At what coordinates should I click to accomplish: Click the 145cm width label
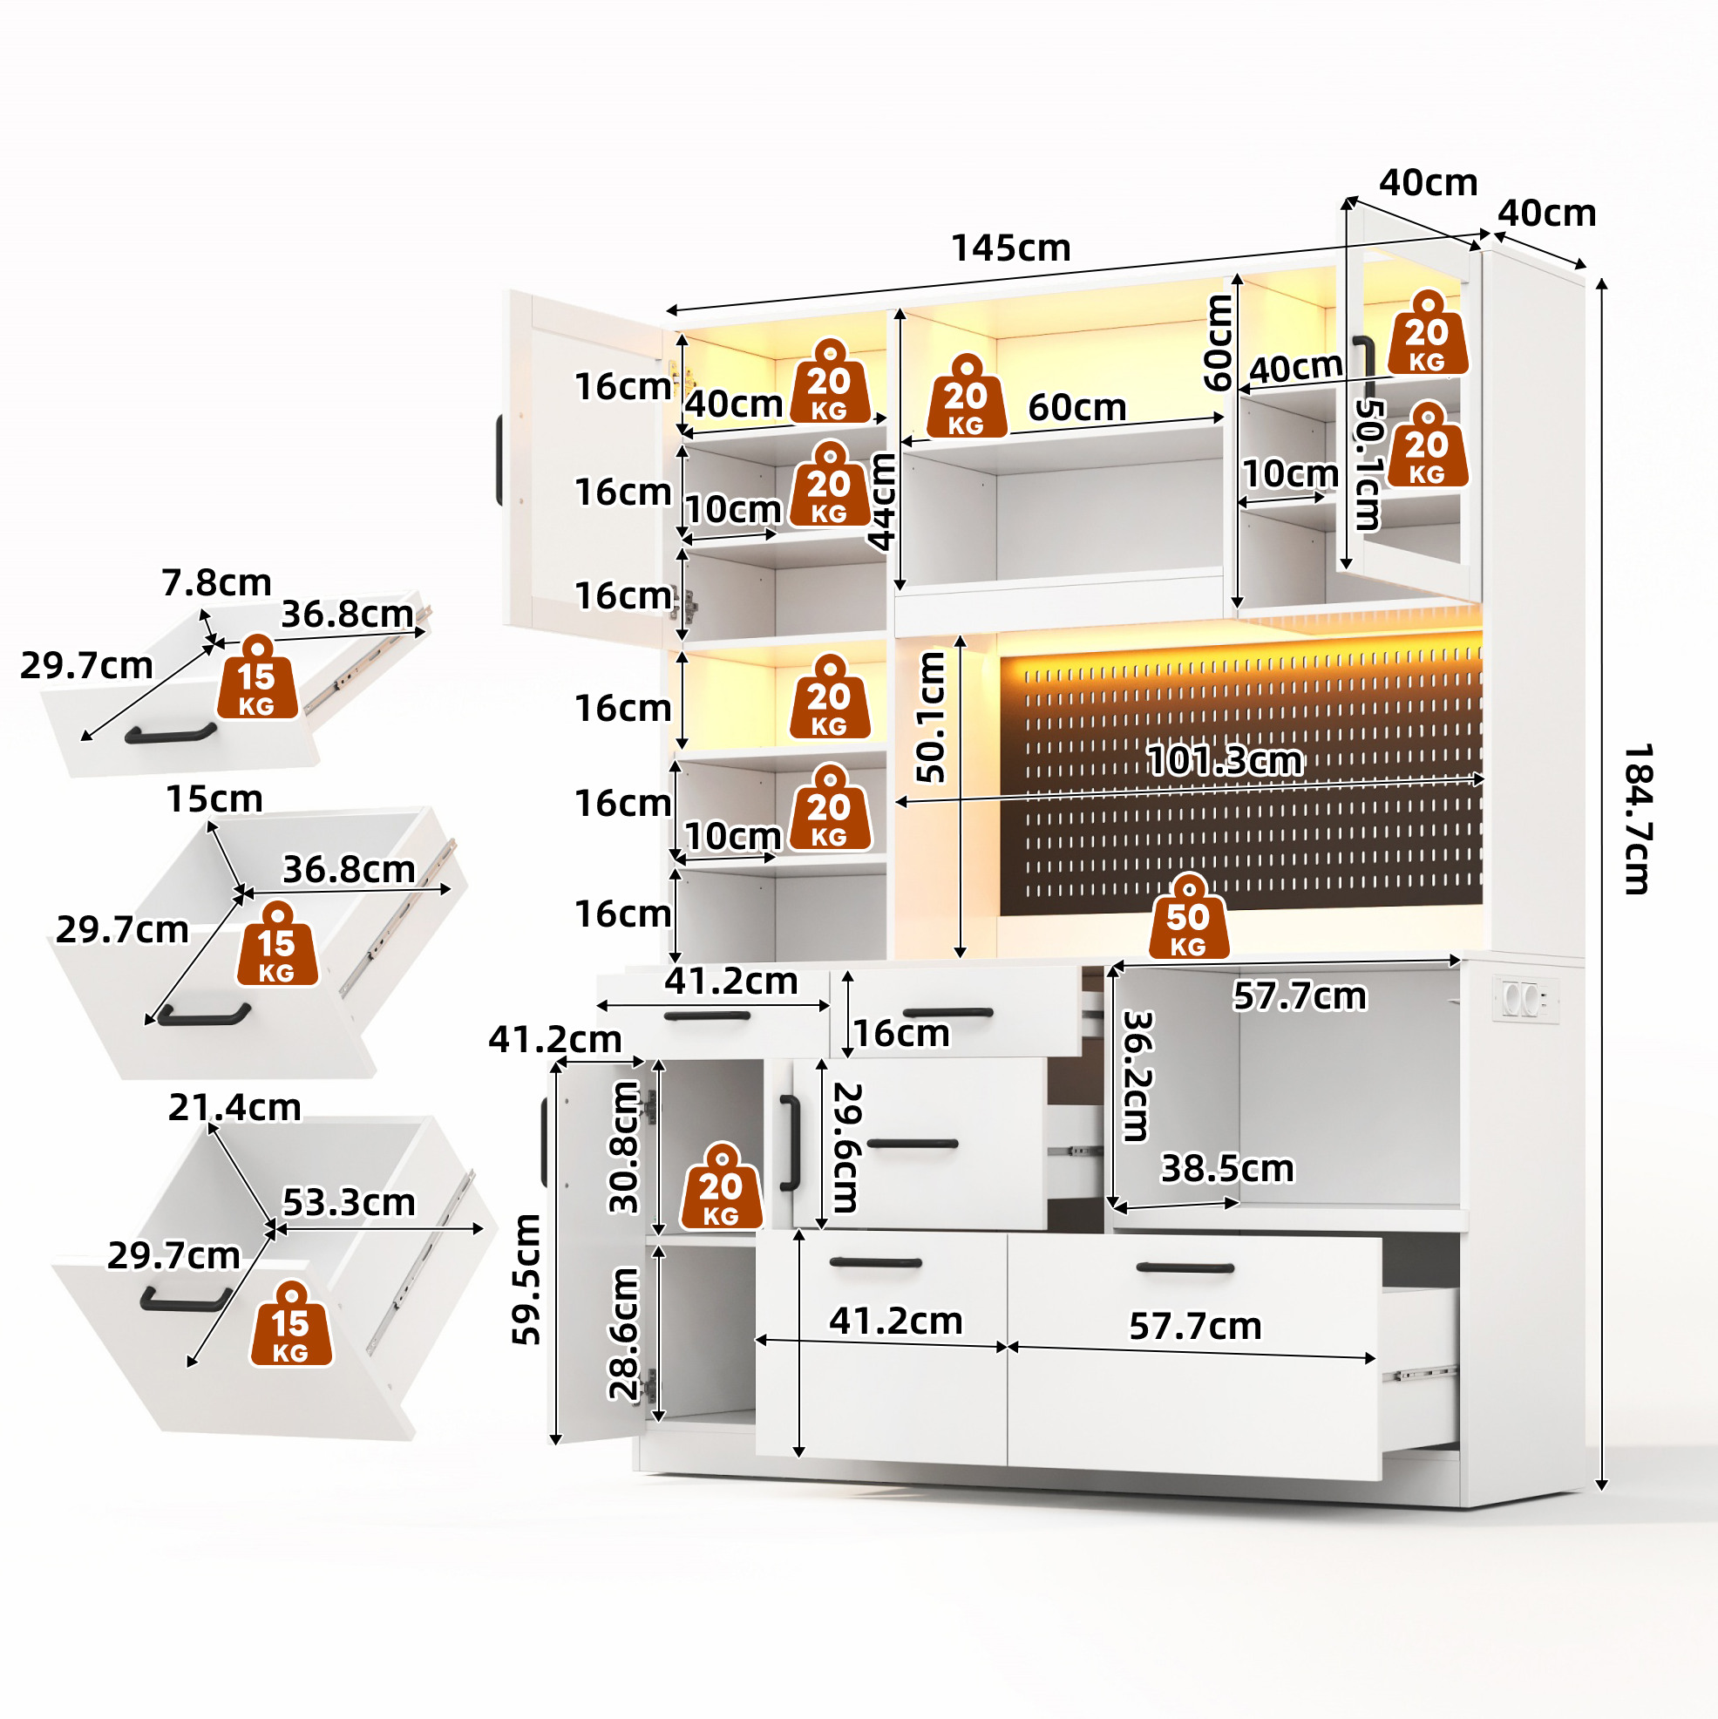[1011, 248]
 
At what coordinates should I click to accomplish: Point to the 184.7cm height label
[1638, 819]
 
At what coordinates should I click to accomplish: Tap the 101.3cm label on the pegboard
[1226, 761]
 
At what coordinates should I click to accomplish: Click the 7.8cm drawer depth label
[216, 583]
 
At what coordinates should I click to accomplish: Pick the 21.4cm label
[234, 1108]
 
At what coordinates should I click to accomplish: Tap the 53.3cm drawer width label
[349, 1203]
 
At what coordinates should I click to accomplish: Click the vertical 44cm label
[882, 502]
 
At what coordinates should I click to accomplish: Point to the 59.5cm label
[526, 1280]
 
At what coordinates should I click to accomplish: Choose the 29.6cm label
[845, 1148]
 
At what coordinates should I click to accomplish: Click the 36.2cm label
[1137, 1076]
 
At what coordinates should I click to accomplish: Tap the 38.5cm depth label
[1228, 1169]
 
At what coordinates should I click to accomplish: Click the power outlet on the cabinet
[1525, 1000]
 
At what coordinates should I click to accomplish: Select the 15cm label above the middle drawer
[214, 799]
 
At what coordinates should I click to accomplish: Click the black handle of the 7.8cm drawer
[171, 734]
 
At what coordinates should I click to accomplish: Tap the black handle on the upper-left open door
[500, 460]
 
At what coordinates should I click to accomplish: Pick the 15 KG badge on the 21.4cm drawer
[291, 1323]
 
